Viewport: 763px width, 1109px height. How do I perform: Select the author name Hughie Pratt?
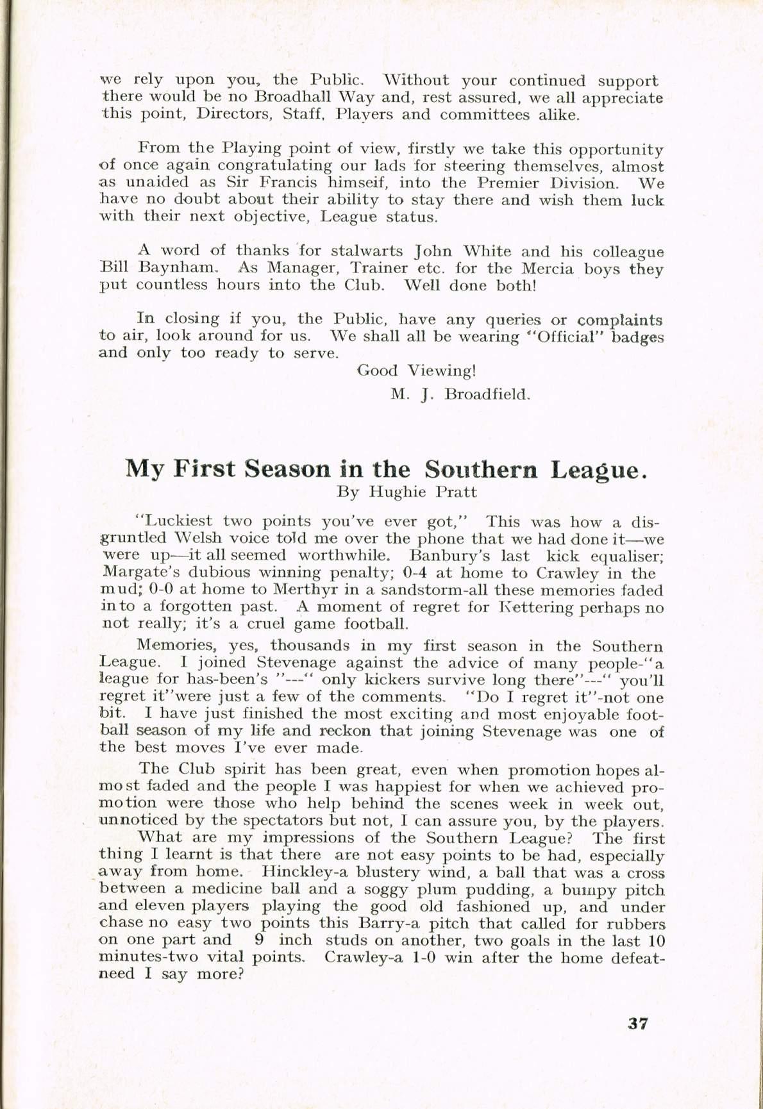point(424,492)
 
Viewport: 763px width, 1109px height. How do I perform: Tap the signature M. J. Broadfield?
point(460,394)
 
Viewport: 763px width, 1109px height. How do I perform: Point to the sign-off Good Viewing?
point(416,371)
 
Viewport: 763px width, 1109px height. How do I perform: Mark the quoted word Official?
point(568,337)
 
